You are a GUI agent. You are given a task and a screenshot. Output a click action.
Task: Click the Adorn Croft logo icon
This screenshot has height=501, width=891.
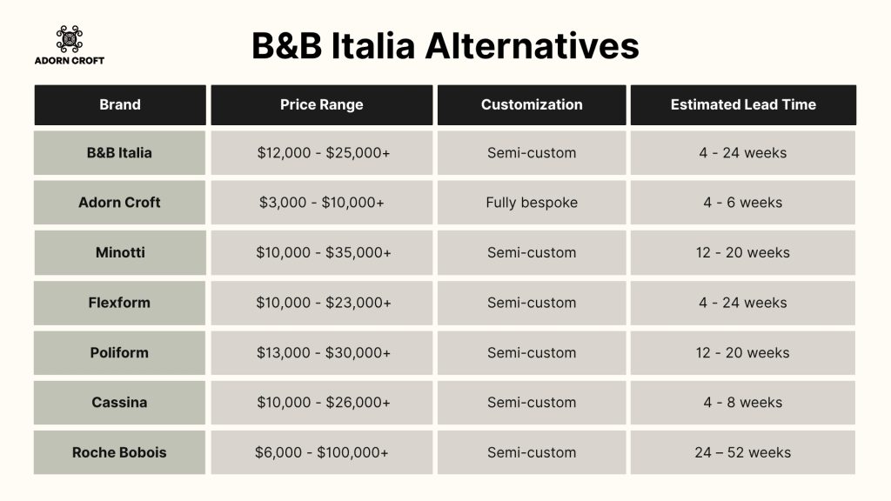click(70, 38)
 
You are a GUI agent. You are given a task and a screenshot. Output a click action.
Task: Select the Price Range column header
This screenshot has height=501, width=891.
click(322, 104)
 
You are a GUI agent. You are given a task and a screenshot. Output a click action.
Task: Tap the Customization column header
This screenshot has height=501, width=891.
click(532, 104)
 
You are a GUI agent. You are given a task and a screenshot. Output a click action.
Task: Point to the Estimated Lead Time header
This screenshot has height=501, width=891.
click(743, 104)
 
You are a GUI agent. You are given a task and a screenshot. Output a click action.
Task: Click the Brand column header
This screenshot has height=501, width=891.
click(120, 104)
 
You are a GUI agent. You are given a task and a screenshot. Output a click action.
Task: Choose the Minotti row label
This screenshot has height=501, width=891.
click(120, 252)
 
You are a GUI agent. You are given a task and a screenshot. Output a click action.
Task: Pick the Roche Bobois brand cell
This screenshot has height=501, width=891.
click(120, 452)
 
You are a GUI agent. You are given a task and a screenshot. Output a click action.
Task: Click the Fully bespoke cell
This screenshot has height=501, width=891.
click(532, 203)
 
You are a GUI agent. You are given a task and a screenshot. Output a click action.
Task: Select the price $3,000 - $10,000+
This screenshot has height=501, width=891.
click(322, 203)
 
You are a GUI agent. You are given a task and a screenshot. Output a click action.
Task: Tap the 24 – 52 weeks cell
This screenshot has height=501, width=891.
click(743, 452)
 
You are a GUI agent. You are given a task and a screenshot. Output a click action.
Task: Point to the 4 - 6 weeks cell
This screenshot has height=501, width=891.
click(743, 203)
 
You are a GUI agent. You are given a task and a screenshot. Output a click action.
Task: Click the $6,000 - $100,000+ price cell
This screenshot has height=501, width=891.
click(322, 452)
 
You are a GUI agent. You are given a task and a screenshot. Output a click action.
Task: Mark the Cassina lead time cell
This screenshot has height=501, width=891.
click(743, 403)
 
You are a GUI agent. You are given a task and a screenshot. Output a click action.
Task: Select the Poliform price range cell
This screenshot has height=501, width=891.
click(322, 352)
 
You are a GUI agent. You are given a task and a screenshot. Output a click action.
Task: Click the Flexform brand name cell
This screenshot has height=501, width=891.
click(120, 303)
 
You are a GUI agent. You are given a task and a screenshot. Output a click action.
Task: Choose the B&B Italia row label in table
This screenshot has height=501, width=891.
click(120, 153)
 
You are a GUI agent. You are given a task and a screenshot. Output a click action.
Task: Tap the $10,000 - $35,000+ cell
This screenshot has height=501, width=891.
click(322, 252)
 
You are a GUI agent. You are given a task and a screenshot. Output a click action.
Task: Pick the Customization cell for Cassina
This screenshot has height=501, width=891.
click(532, 403)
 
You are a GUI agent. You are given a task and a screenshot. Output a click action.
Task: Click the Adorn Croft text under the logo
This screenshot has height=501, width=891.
click(70, 60)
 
